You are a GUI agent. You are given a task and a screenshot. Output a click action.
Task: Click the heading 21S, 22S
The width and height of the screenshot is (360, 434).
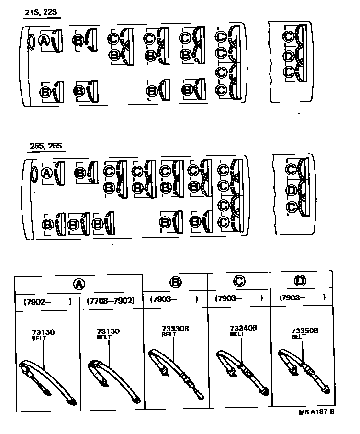pyautogui.click(x=42, y=12)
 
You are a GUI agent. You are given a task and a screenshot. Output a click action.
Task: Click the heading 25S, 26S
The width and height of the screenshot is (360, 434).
pyautogui.click(x=45, y=146)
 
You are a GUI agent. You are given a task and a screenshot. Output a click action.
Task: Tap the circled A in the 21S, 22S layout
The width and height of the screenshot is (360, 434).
pyautogui.click(x=44, y=41)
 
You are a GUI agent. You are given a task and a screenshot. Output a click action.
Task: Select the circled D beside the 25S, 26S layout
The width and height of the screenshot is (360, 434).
pyautogui.click(x=291, y=191)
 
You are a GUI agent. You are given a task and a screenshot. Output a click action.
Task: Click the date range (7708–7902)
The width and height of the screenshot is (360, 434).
pyautogui.click(x=110, y=301)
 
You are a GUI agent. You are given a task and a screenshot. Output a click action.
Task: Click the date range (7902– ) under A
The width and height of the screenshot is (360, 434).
pyautogui.click(x=47, y=301)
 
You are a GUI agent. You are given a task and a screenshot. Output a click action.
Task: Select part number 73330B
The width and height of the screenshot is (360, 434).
pyautogui.click(x=175, y=329)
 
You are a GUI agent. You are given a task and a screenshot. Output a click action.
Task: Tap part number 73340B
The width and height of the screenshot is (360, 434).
pyautogui.click(x=244, y=328)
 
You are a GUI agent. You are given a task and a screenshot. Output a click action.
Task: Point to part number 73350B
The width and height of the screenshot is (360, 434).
pyautogui.click(x=305, y=331)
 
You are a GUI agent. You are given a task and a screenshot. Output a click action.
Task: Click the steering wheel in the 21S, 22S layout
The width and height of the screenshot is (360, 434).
pyautogui.click(x=32, y=42)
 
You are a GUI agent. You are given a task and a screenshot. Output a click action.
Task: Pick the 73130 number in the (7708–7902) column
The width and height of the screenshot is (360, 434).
pyautogui.click(x=108, y=331)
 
